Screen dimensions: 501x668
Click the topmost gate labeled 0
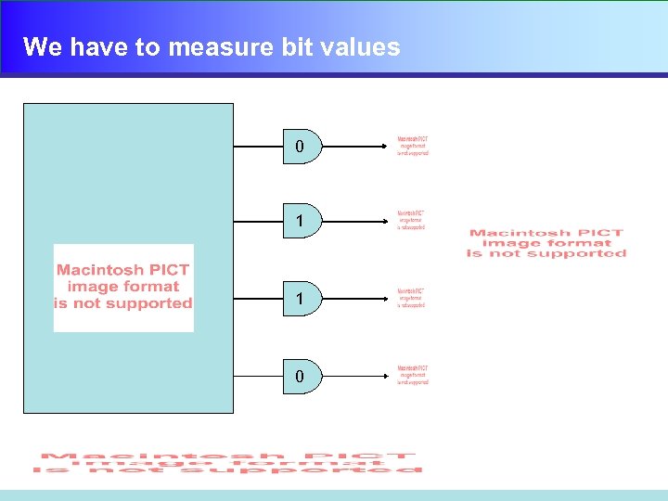[301, 147]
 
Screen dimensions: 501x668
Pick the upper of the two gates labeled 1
[301, 221]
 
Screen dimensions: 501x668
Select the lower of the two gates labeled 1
[301, 299]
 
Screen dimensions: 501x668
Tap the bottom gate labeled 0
[301, 376]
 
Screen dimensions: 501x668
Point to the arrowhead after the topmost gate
[389, 147]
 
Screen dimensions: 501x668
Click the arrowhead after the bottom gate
[389, 376]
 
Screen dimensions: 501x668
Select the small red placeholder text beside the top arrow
[413, 147]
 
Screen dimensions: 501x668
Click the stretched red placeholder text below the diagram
[226, 463]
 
